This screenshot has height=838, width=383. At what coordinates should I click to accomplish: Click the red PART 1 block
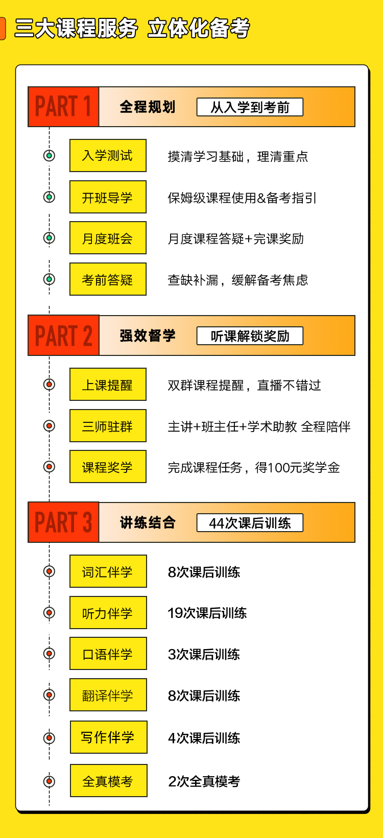[64, 107]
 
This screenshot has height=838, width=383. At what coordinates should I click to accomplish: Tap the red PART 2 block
[64, 335]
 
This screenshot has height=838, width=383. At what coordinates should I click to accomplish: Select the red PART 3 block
[64, 522]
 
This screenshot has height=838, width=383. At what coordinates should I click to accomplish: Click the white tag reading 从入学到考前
[250, 107]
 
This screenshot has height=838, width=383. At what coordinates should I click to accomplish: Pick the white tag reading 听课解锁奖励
[250, 336]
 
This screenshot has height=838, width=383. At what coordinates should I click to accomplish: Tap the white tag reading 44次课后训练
[250, 523]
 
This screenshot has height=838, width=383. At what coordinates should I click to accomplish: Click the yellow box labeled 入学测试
[108, 156]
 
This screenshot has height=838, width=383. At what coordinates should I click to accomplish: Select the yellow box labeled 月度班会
[108, 238]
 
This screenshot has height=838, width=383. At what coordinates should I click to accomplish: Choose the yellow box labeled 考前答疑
[108, 279]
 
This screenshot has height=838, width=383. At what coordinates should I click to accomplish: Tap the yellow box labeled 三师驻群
[108, 426]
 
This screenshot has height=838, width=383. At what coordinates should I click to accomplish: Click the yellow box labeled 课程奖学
[108, 467]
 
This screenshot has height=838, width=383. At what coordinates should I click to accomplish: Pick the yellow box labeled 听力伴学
[108, 612]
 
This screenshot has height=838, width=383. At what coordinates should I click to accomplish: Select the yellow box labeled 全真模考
[108, 781]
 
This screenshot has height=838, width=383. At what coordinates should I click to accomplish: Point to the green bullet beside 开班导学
[49, 197]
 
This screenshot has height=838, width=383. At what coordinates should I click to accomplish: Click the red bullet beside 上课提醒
[49, 384]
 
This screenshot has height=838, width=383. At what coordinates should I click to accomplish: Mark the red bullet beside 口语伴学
[49, 654]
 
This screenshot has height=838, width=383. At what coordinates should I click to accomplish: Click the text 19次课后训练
[207, 613]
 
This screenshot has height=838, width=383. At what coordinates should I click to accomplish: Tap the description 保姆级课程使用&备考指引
[242, 198]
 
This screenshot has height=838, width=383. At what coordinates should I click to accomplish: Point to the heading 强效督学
[148, 336]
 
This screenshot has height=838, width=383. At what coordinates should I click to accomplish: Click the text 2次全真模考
[204, 781]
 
